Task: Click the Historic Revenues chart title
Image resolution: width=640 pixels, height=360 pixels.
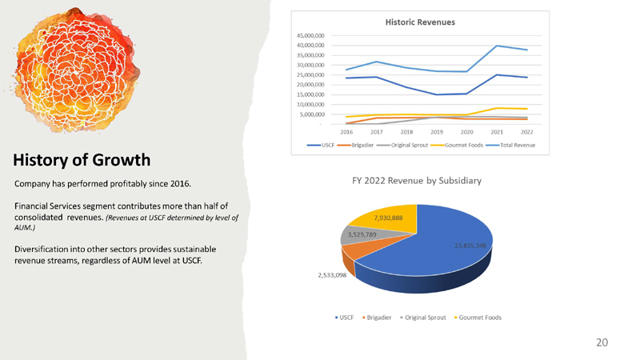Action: coord(420,22)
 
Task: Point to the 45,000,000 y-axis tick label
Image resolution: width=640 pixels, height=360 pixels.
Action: coord(310,35)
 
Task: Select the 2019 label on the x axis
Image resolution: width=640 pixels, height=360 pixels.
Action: coord(437,132)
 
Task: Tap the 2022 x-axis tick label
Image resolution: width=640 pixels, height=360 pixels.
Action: coord(527,132)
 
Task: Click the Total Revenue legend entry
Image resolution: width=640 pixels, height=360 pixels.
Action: coord(510,145)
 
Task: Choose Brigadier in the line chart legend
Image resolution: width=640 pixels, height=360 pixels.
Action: coord(355,145)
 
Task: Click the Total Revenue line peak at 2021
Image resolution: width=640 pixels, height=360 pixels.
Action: coord(497,46)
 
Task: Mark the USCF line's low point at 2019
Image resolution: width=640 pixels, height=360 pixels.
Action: coord(437,94)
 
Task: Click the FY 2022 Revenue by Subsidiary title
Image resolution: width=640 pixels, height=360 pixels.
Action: coord(417,181)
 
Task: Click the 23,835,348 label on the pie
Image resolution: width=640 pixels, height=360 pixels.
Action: coord(470,246)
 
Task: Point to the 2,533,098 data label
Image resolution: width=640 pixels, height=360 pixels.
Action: coord(332,275)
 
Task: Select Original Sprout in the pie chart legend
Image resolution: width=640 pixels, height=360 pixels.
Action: coord(423,318)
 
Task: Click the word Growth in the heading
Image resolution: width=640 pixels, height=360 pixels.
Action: coord(122,160)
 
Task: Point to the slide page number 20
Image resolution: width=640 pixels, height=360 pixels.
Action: coord(602,342)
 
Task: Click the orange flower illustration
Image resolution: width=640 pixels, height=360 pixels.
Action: coord(75,70)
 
